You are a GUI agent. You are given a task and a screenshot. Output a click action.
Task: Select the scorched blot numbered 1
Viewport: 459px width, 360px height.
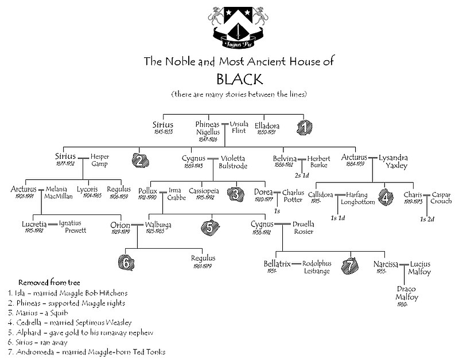(304, 124)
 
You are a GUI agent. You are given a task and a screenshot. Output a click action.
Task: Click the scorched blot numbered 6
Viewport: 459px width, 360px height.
(128, 262)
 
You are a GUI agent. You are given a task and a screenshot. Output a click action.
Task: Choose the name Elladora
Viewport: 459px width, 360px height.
(267, 124)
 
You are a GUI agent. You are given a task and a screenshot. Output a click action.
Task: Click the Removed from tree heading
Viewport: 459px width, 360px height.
(49, 283)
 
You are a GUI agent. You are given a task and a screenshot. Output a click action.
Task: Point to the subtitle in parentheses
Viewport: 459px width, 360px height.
(239, 93)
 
